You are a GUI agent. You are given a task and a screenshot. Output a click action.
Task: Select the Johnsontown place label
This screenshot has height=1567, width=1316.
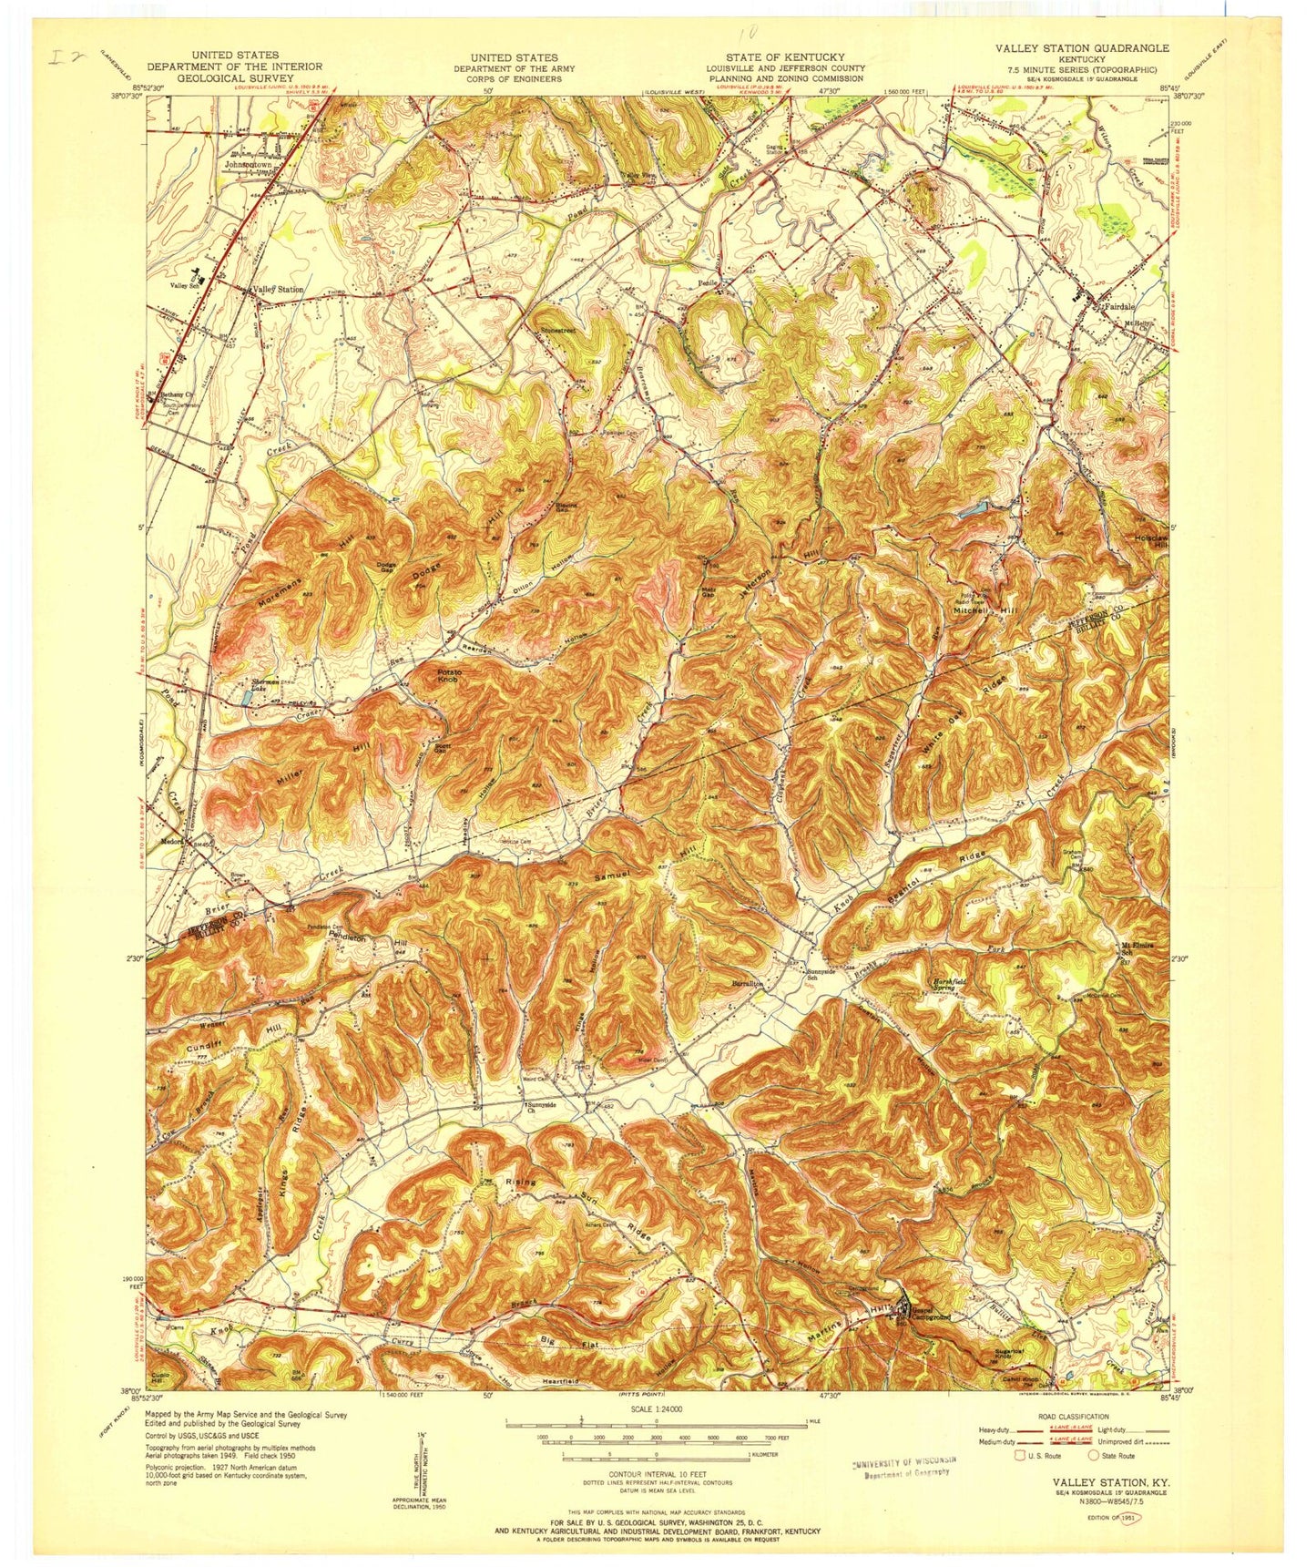coord(248,165)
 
